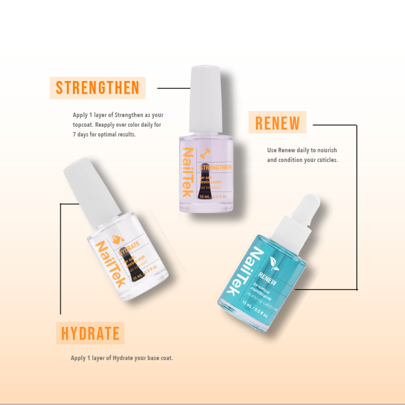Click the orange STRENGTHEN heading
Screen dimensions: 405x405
tap(97, 88)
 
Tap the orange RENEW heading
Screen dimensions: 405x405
tap(278, 123)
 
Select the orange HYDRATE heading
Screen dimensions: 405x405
tap(90, 333)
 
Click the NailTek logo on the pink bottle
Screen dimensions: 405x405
tap(189, 174)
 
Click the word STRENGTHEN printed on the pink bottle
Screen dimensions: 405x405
tap(216, 167)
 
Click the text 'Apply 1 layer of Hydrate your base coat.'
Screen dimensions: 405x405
tap(122, 358)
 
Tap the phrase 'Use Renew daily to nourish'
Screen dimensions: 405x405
tap(301, 150)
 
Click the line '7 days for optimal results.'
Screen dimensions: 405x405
tap(104, 134)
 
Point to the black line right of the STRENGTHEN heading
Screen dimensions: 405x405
tap(174, 89)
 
